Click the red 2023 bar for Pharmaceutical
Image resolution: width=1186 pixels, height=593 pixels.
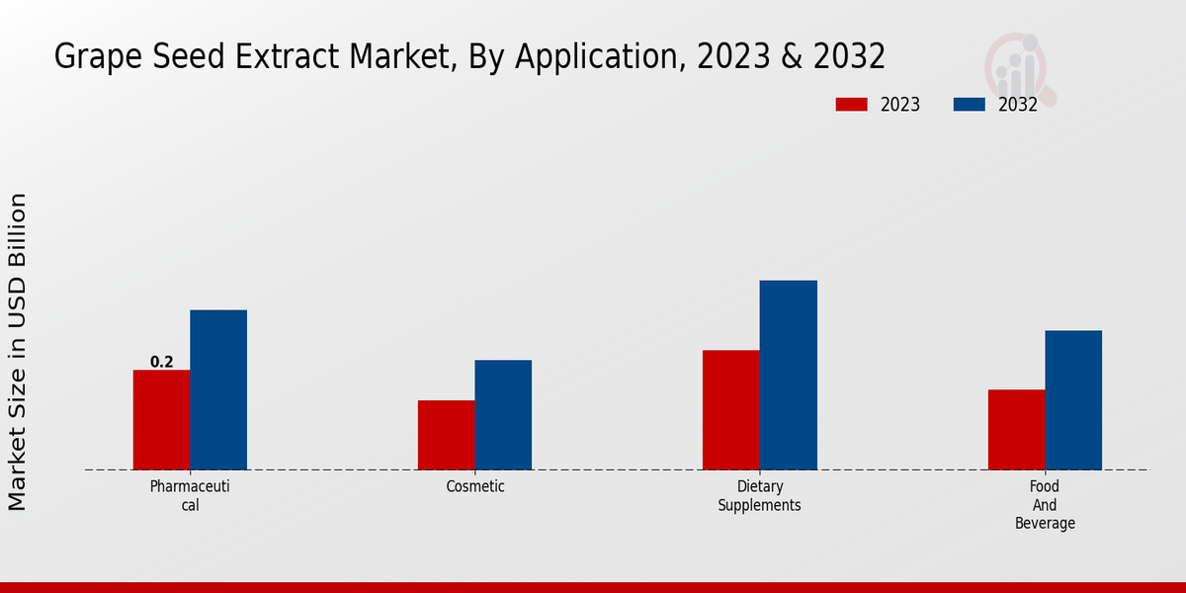(x=161, y=420)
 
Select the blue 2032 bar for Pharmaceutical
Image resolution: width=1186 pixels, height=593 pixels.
(x=218, y=389)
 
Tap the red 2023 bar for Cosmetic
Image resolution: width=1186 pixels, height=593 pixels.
(x=446, y=435)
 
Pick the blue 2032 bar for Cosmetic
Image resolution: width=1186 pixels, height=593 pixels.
(x=503, y=415)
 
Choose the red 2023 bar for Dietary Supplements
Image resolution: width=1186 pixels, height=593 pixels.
(x=730, y=410)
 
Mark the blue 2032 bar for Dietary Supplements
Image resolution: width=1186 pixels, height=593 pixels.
(x=788, y=376)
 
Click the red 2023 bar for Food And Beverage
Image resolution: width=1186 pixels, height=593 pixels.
(x=1016, y=430)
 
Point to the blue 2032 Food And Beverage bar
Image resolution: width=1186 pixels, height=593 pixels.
(x=1073, y=400)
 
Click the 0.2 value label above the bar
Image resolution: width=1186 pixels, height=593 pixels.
(x=161, y=362)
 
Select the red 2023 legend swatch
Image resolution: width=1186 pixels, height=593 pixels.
(x=851, y=105)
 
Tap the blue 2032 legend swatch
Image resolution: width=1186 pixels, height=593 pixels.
(x=970, y=105)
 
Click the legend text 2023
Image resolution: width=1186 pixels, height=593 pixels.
(x=900, y=105)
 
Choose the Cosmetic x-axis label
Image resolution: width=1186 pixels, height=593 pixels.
(x=475, y=486)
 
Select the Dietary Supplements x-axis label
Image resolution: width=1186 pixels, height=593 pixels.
(x=759, y=495)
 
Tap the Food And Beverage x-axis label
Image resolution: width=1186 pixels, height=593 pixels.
(x=1045, y=504)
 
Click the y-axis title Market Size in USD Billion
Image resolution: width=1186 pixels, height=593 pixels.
(x=18, y=352)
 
